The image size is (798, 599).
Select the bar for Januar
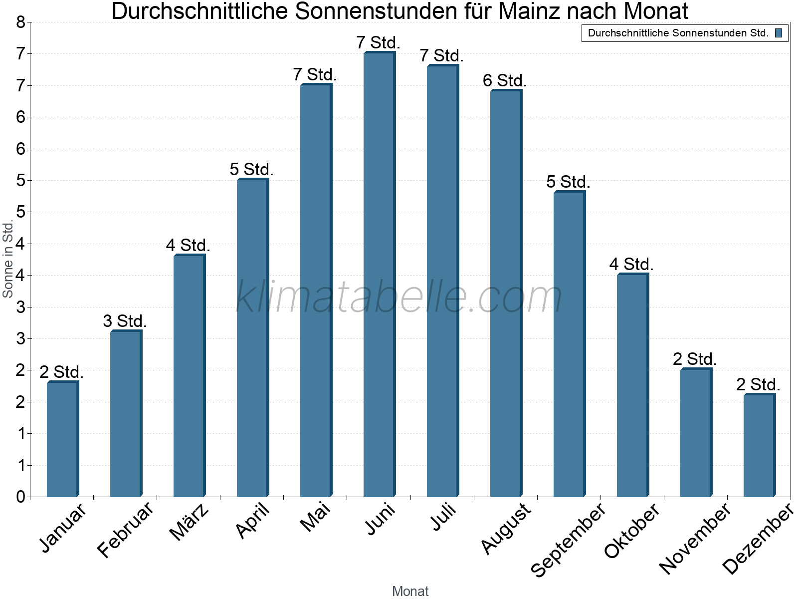click(62, 439)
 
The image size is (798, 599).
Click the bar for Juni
click(379, 275)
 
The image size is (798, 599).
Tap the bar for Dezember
click(759, 445)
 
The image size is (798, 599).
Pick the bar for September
click(569, 344)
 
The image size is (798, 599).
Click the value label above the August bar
click(505, 80)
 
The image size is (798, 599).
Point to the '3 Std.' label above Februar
click(125, 321)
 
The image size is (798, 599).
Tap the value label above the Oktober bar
click(631, 264)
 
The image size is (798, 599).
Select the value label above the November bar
click(695, 359)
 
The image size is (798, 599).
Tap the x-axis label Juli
click(443, 517)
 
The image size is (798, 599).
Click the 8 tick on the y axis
click(20, 22)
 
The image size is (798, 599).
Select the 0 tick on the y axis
click(20, 497)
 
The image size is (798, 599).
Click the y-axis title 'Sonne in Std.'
click(8, 260)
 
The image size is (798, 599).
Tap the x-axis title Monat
click(410, 591)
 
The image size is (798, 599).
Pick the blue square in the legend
click(779, 33)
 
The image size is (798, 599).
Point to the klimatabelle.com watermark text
click(399, 297)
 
